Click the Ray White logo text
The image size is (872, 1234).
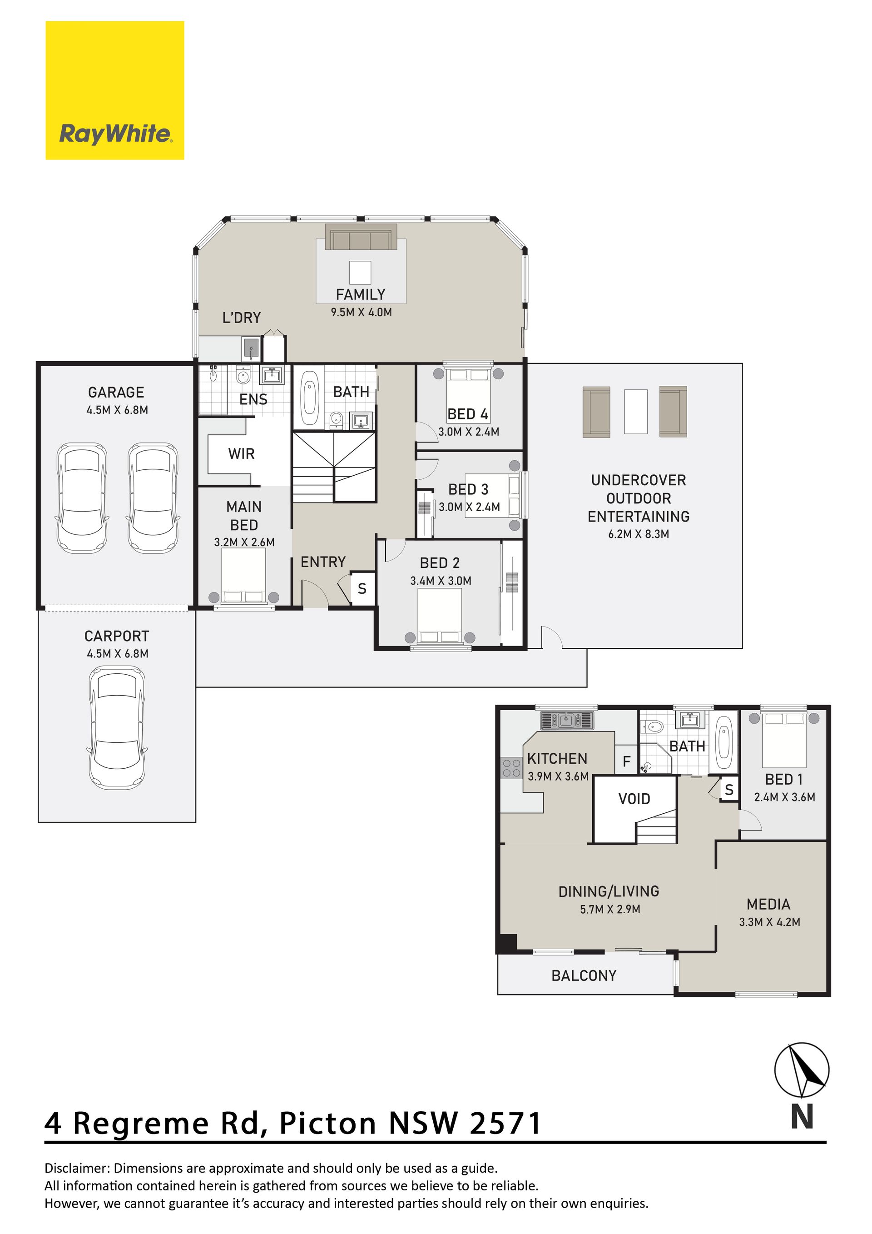tap(115, 133)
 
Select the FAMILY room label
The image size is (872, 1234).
tap(361, 294)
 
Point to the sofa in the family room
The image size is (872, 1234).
tap(361, 237)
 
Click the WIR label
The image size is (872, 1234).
tap(241, 453)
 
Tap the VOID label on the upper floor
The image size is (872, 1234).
tap(634, 799)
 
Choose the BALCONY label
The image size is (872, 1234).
tap(584, 975)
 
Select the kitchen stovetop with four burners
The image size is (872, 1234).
tap(511, 768)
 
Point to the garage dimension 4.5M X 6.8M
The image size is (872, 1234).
tap(117, 410)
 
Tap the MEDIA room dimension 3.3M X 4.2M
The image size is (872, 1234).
tap(769, 922)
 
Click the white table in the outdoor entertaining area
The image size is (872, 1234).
tap(635, 412)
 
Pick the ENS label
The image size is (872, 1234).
tap(253, 399)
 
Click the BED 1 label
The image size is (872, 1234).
tap(784, 779)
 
